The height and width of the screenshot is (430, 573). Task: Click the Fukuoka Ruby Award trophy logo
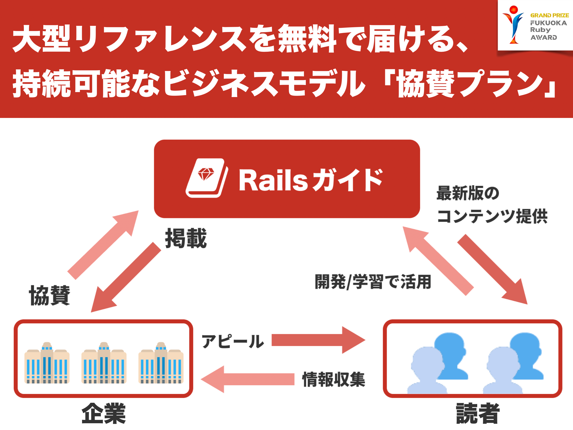pos(513,25)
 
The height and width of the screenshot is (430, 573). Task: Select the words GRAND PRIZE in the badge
pos(549,15)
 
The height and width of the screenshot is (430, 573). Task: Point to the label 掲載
pos(186,238)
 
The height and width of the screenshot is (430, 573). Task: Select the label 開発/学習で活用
pos(373,282)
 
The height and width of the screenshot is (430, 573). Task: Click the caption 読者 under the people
pos(478,413)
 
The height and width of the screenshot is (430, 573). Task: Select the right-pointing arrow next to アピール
pos(318,340)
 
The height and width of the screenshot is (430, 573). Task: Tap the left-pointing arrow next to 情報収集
pos(247,379)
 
